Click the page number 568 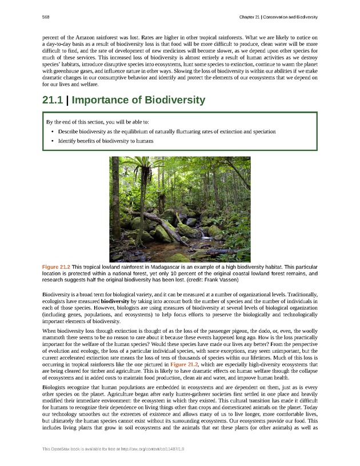click(x=46, y=18)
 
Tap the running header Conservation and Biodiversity click(x=286, y=18)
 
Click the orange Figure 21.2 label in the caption click(x=55, y=267)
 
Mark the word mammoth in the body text click(x=55, y=339)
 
